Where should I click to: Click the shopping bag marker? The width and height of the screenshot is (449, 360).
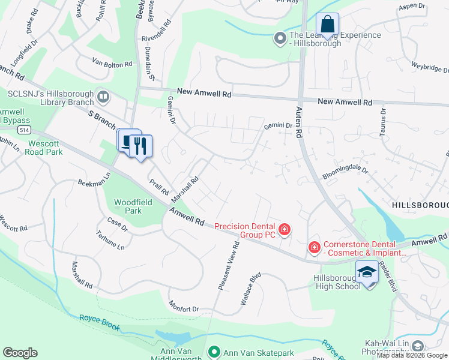click(x=327, y=25)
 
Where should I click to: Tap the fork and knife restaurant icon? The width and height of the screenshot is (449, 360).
click(x=141, y=145)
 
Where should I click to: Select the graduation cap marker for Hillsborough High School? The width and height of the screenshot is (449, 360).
click(x=367, y=273)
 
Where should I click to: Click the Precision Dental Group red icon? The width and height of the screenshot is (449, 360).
click(x=284, y=229)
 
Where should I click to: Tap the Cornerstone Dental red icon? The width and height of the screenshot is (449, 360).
click(x=314, y=247)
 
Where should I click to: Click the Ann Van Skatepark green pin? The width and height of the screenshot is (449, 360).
click(x=213, y=352)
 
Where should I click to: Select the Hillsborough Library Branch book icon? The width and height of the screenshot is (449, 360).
click(x=103, y=96)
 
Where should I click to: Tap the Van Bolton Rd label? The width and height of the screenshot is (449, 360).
click(x=112, y=63)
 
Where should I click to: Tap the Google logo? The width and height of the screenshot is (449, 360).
click(x=20, y=352)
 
